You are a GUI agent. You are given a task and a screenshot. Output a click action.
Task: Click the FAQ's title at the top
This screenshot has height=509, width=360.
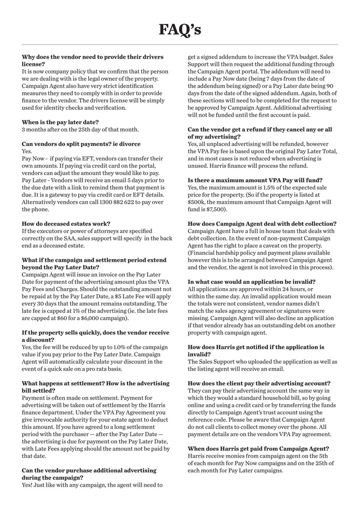click(180, 30)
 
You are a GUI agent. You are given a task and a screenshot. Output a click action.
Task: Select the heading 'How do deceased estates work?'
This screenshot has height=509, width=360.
click(66, 223)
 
